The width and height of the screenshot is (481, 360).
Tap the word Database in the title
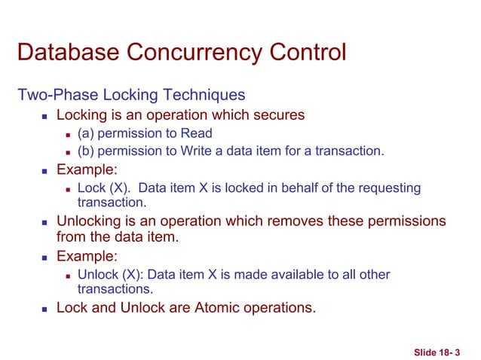(x=63, y=53)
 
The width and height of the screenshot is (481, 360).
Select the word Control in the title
(x=301, y=53)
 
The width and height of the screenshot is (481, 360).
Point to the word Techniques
(x=201, y=96)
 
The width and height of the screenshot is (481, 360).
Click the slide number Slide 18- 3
(x=437, y=352)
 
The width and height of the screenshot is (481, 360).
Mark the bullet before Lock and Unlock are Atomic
(x=45, y=308)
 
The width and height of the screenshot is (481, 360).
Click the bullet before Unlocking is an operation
(x=45, y=222)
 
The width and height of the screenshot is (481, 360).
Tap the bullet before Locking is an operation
(x=45, y=116)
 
